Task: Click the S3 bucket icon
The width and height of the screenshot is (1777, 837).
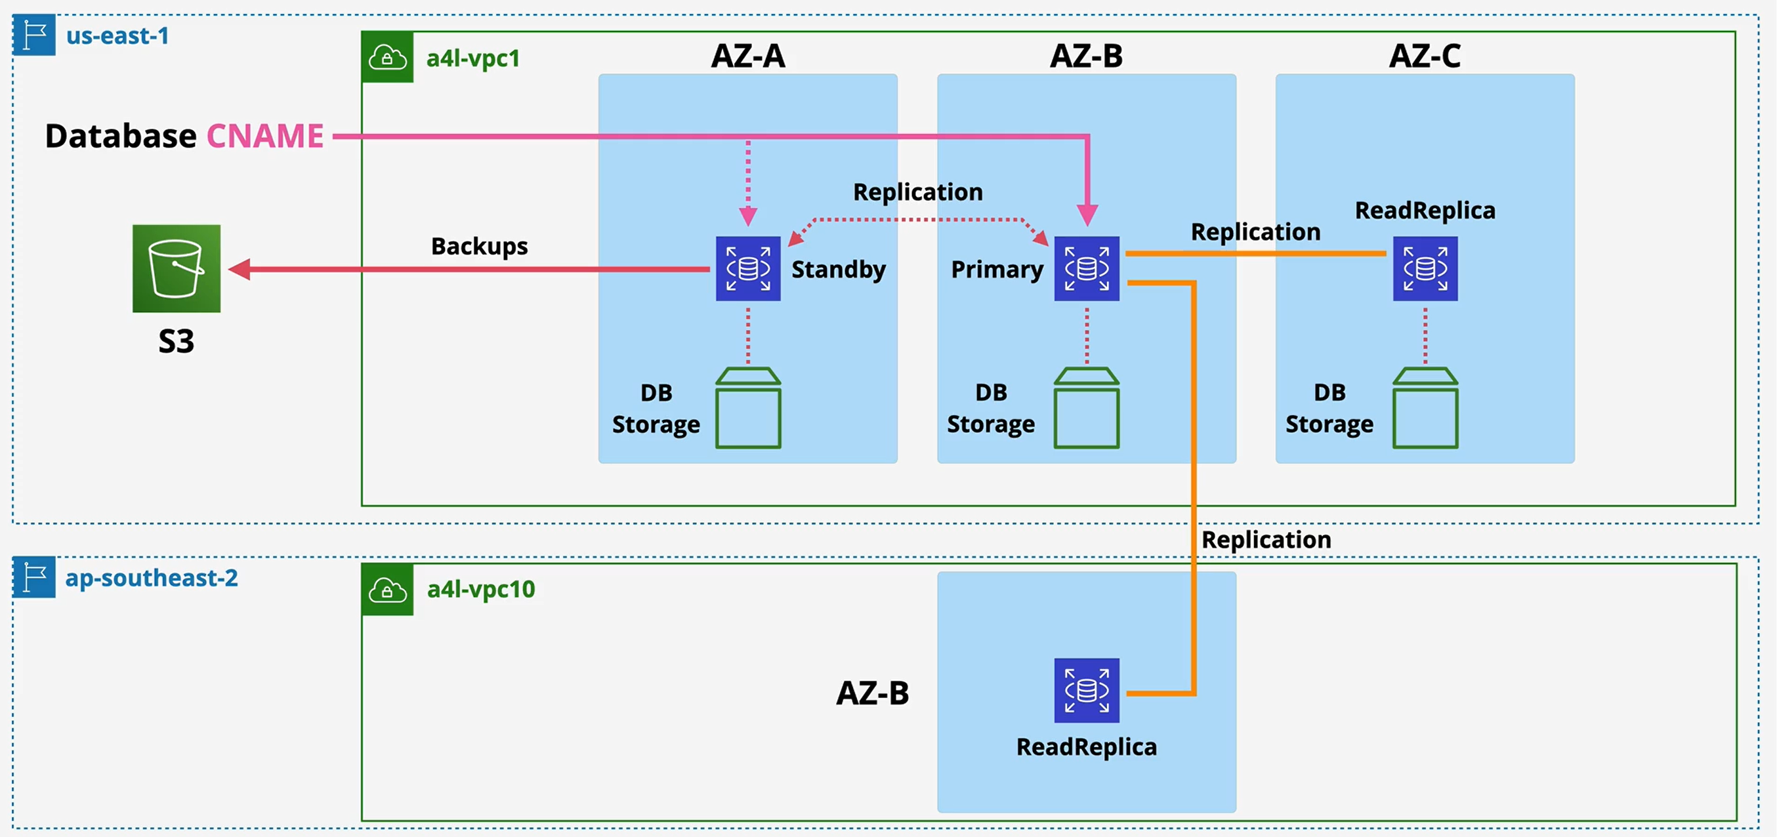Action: pyautogui.click(x=177, y=268)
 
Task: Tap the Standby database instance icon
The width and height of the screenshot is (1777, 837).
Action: pyautogui.click(x=748, y=268)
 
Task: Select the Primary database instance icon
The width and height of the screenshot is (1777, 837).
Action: pyautogui.click(x=1087, y=268)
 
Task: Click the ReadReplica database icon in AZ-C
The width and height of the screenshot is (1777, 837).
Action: pyautogui.click(x=1425, y=268)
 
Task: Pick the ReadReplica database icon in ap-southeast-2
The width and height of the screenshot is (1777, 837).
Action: pyautogui.click(x=1087, y=690)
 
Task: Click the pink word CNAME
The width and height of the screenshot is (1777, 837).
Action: pyautogui.click(x=265, y=136)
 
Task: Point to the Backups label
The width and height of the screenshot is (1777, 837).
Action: pyautogui.click(x=480, y=246)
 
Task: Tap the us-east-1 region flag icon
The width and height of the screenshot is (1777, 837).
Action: pyautogui.click(x=34, y=35)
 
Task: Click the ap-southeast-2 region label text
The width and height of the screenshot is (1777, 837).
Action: pyautogui.click(x=151, y=577)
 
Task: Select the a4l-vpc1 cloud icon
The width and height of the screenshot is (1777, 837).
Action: pyautogui.click(x=387, y=57)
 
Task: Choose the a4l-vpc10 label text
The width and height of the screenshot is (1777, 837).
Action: pyautogui.click(x=481, y=590)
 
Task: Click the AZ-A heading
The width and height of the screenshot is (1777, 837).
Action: pyautogui.click(x=748, y=56)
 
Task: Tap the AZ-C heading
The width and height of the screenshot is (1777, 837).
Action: pyautogui.click(x=1425, y=56)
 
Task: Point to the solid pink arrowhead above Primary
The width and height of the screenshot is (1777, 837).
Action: pyautogui.click(x=1087, y=215)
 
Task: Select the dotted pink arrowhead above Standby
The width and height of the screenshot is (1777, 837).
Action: pyautogui.click(x=748, y=216)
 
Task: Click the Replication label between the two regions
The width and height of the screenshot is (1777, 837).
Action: pyautogui.click(x=1266, y=540)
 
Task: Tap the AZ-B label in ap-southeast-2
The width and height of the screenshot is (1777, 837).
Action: pyautogui.click(x=873, y=693)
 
